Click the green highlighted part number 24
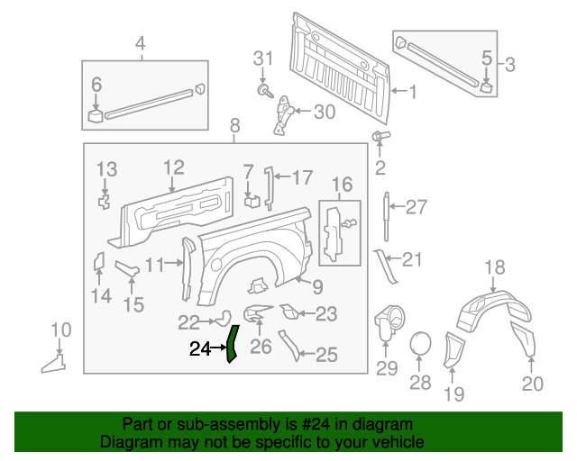pyautogui.click(x=231, y=343)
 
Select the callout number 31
pyautogui.click(x=262, y=59)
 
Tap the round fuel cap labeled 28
pyautogui.click(x=420, y=344)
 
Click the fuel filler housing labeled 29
pyautogui.click(x=387, y=322)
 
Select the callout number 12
pyautogui.click(x=174, y=167)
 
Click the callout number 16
pyautogui.click(x=342, y=185)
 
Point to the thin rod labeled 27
pyautogui.click(x=387, y=209)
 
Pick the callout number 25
pyautogui.click(x=325, y=356)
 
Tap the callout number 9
pyautogui.click(x=317, y=287)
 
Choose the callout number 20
pyautogui.click(x=532, y=384)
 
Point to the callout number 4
pyautogui.click(x=140, y=43)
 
